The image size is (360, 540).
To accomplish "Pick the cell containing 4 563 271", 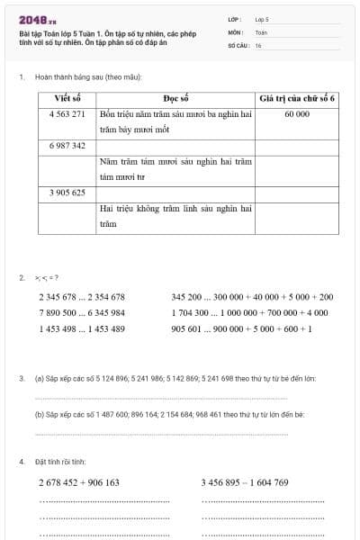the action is (x=67, y=114).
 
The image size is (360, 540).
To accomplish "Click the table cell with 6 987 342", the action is (x=67, y=145).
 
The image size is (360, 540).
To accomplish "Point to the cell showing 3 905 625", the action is (x=67, y=193).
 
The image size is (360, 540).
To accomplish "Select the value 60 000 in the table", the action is (x=296, y=114).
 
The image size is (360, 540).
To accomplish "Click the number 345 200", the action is (x=189, y=296).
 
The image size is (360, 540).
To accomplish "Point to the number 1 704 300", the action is (x=192, y=312).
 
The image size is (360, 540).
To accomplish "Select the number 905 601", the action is (x=189, y=328).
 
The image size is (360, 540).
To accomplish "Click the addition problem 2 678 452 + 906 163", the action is (x=79, y=482).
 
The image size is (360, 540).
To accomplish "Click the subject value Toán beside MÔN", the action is (x=261, y=31).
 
